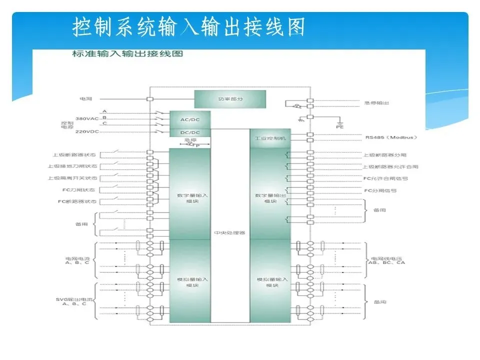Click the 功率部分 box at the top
pos(228,99)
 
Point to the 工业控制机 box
pos(270,138)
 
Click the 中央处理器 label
pos(229,233)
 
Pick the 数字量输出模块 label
pos(270,198)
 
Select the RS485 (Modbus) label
pos(390,136)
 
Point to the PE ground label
pos(340,127)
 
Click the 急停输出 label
pos(377,103)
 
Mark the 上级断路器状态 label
pos(75,154)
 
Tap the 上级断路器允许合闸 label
pos(390,166)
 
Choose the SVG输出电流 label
pos(71,301)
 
